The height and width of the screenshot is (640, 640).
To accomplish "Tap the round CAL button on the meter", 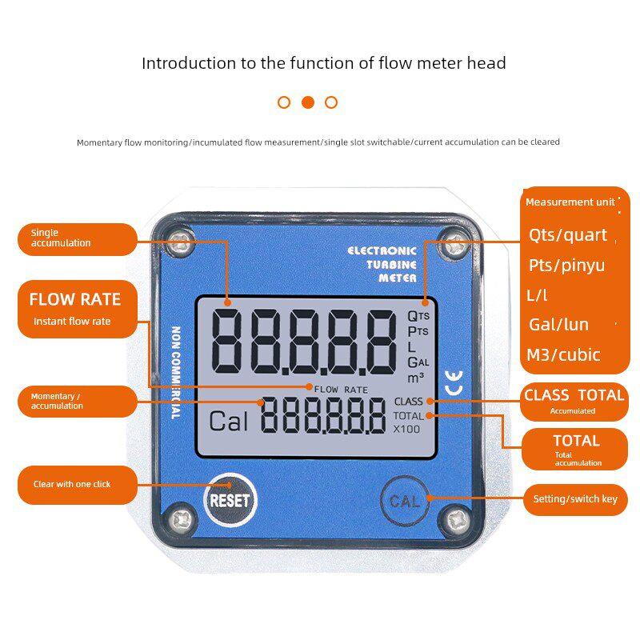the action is pos(405,501).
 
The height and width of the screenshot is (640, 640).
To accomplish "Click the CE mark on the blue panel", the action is pos(454,383).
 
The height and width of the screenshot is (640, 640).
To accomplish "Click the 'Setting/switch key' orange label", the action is pos(575,499).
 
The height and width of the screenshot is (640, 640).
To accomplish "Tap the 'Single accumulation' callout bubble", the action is pos(78,239).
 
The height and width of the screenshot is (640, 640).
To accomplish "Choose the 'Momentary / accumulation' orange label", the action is pos(78,402).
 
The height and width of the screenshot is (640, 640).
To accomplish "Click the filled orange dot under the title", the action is pos(308,102).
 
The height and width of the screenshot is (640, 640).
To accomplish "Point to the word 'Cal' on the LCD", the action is pos(229,422).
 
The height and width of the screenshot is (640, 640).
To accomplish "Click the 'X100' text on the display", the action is pos(406,430).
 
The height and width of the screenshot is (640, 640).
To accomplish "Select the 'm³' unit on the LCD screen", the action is pos(415,378).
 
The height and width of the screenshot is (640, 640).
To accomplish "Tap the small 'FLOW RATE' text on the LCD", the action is pos(341,390).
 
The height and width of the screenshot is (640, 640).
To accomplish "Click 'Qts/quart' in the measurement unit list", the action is pos(568,235).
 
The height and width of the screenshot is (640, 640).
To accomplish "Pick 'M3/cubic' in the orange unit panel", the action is pos(563,355).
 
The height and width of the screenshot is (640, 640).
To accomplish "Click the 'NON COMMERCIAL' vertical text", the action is pos(175,373).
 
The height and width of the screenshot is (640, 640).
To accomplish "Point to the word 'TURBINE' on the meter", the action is pos(391,265).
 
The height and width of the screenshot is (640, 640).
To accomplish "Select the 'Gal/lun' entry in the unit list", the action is pos(558,325).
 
